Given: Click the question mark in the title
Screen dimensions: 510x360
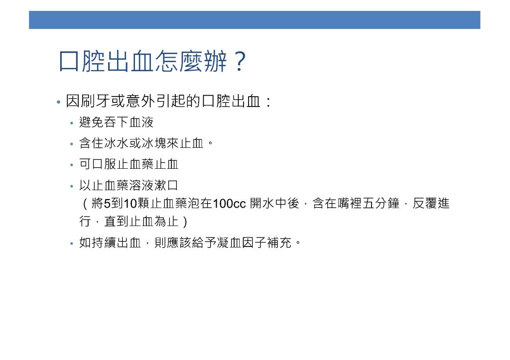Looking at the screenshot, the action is tap(240, 61).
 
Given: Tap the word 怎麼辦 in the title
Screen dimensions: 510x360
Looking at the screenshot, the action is tap(191, 61).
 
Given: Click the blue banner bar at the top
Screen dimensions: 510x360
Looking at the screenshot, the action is tap(255, 20).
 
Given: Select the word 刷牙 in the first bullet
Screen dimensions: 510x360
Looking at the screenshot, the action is tap(95, 101).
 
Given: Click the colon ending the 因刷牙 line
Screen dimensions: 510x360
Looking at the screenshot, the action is tap(268, 102).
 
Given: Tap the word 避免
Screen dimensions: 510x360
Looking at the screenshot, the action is tap(92, 122).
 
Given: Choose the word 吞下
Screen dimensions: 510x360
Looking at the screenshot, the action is tap(117, 122).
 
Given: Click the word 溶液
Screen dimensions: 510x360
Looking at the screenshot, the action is tap(141, 185).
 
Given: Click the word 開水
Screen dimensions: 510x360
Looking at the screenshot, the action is tap(262, 203).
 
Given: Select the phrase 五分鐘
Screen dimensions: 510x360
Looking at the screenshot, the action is tap(381, 203).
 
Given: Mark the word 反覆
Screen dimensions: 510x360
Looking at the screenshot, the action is tap(425, 203).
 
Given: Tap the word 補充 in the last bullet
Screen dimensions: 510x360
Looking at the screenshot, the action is tap(279, 242).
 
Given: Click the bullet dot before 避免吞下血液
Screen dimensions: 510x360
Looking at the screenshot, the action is tap(72, 123).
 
